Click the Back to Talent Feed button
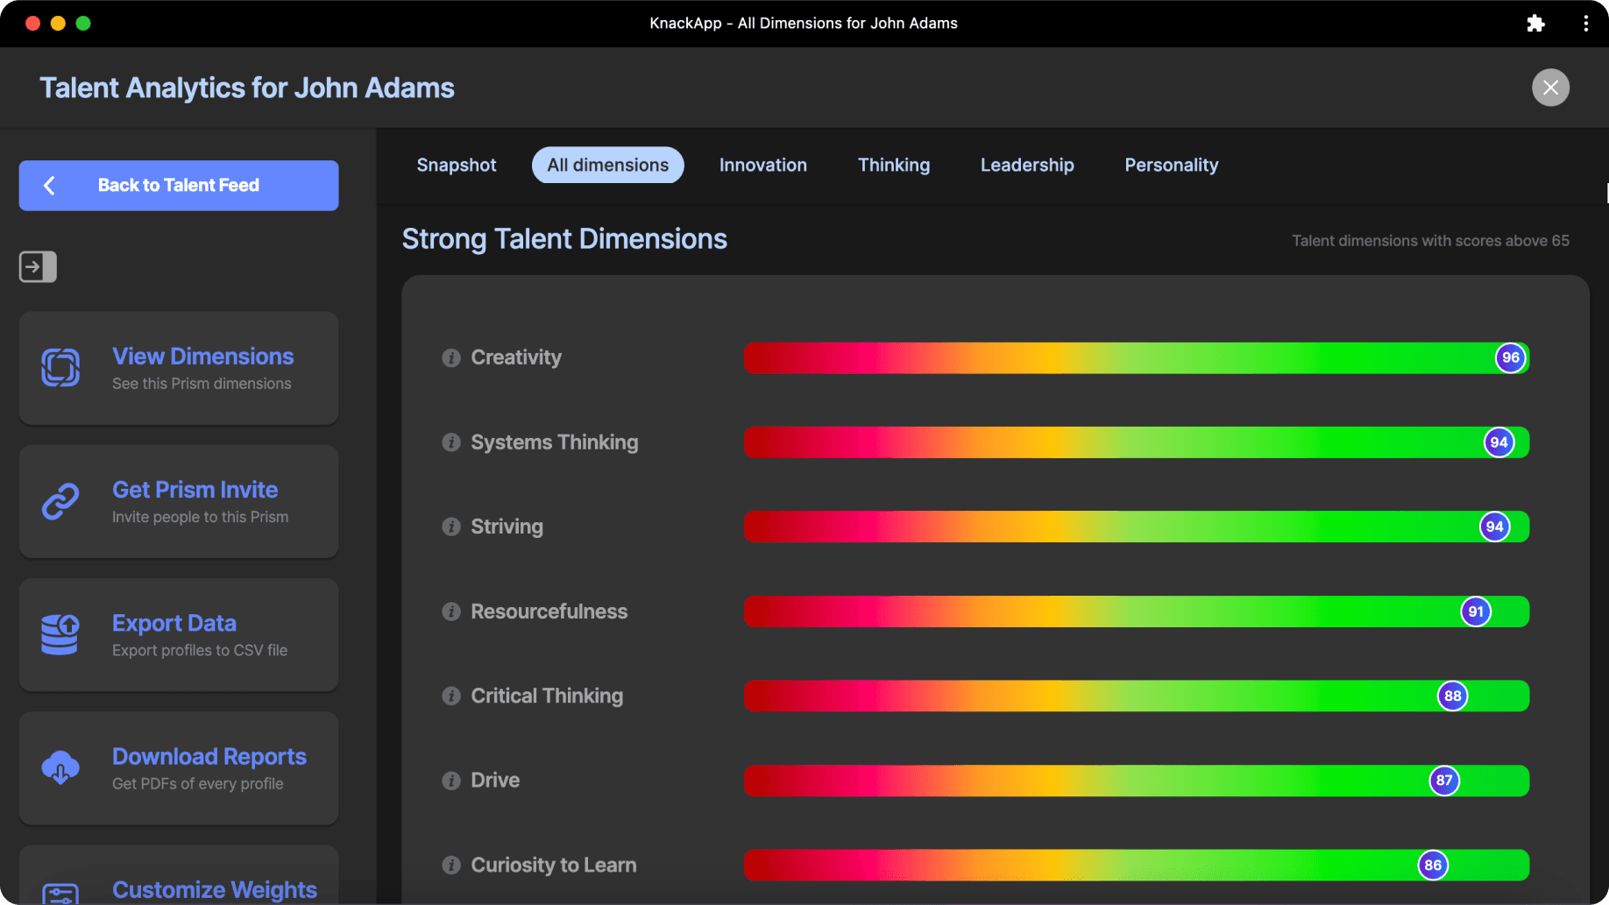pos(179,186)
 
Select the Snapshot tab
pos(456,166)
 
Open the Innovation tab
pos(762,166)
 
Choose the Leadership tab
pos(1027,166)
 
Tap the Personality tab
pos(1171,166)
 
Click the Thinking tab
pos(893,166)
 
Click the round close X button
pos(1550,88)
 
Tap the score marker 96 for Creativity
pos(1510,357)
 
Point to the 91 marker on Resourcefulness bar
pos(1476,612)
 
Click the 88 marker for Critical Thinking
pos(1452,696)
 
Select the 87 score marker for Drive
pos(1443,781)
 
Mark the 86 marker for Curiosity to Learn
pos(1432,866)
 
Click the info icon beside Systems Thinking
pos(451,442)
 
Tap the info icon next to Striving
pos(451,527)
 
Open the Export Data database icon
pos(60,634)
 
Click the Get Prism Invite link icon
pos(60,501)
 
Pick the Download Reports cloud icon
pos(60,767)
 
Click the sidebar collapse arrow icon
pos(38,266)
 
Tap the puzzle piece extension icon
pos(1535,24)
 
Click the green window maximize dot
pos(83,24)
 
